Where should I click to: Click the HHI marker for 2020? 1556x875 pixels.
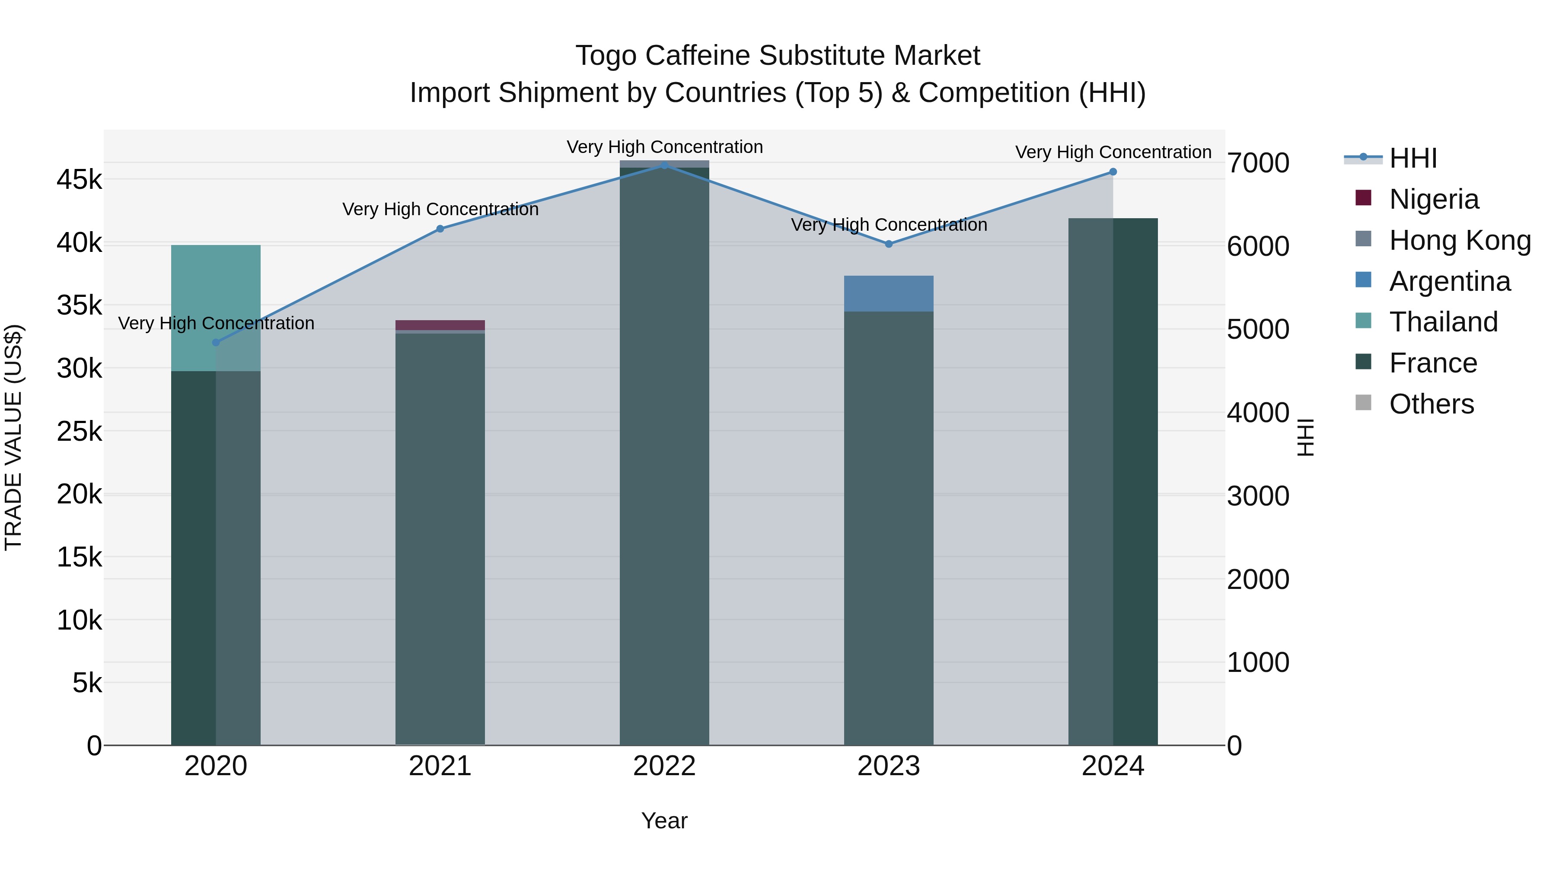coord(216,342)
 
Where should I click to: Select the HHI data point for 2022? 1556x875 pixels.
coord(664,165)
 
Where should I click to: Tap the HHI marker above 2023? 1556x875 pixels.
coord(889,244)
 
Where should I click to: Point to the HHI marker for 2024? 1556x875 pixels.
coord(1113,172)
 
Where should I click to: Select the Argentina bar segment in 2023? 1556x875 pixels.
coord(889,293)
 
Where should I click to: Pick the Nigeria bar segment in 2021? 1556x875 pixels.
coord(440,325)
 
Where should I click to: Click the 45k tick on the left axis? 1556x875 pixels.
coord(79,179)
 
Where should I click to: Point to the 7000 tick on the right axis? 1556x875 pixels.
coord(1258,163)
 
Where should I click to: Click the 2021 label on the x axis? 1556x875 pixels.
coord(440,766)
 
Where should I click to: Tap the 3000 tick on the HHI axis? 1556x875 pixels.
coord(1258,496)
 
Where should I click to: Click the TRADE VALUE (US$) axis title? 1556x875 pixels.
coord(13,437)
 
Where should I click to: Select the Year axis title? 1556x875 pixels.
coord(664,821)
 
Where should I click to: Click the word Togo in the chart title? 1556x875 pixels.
coord(605,56)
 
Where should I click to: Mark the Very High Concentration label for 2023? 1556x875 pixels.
coord(889,225)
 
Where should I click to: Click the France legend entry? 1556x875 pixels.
coord(1432,363)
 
